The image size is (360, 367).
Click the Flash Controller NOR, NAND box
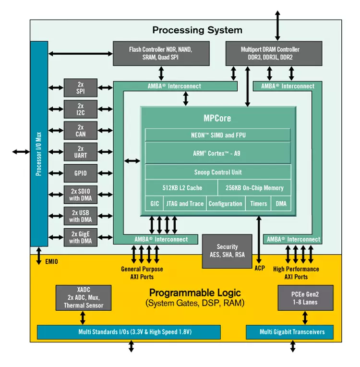[161, 53]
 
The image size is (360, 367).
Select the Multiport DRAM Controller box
[270, 53]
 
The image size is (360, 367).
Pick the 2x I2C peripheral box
[81, 109]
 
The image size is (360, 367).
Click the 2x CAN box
[81, 131]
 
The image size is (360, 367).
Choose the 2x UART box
[81, 152]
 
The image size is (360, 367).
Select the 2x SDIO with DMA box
[81, 195]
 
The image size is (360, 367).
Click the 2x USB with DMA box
[81, 216]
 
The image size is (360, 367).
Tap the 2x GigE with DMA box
[81, 237]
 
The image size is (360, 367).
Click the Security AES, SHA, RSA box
[227, 251]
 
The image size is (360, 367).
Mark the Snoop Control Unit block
[218, 172]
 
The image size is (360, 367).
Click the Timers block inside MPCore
[259, 204]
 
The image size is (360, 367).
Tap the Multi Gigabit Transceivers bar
[292, 332]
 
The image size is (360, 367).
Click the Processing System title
[197, 30]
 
